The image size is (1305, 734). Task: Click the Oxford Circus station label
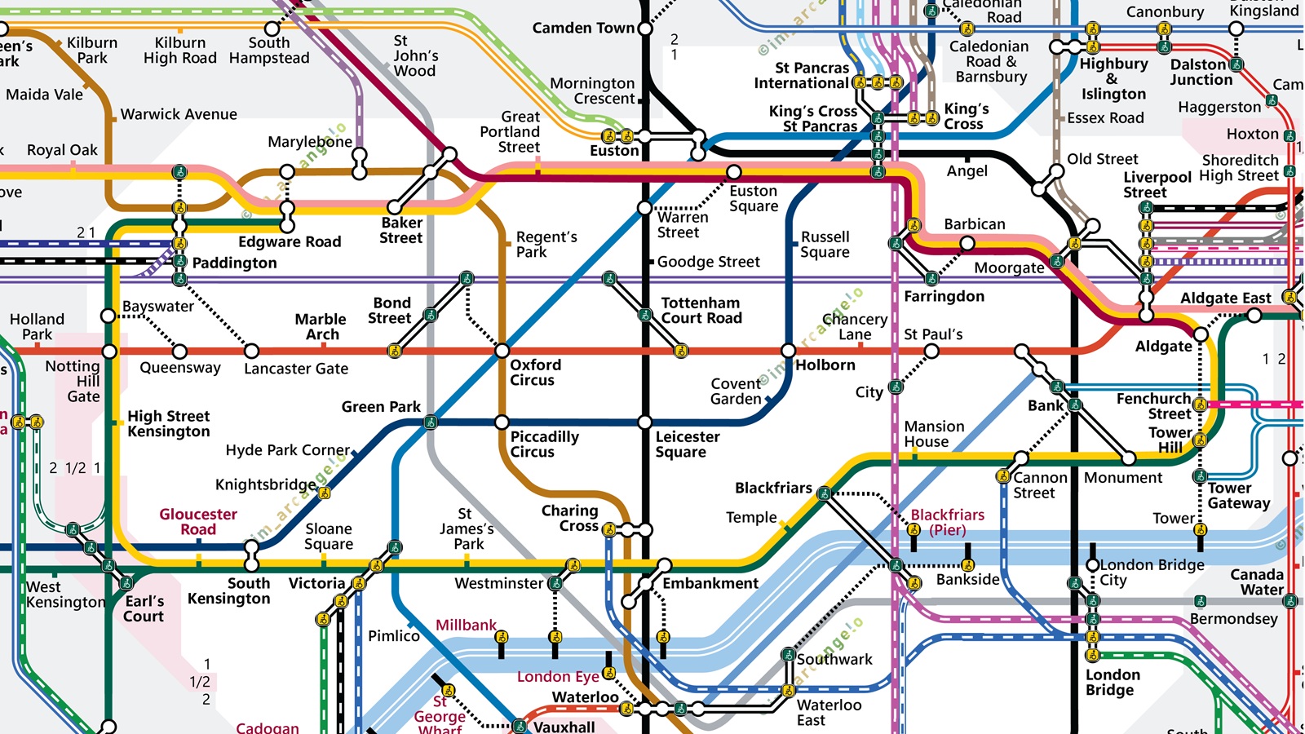[x=535, y=372]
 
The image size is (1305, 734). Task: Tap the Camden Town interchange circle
[x=644, y=29]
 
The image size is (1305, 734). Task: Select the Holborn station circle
[x=788, y=351]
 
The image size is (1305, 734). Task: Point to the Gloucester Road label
[x=198, y=521]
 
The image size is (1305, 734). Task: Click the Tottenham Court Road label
[x=701, y=310]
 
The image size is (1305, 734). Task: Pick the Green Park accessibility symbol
[x=430, y=422]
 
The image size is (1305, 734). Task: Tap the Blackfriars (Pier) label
[x=947, y=522]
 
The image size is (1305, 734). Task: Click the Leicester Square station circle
[x=644, y=422]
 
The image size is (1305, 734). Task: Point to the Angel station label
[x=967, y=170]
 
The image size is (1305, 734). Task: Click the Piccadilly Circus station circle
[x=502, y=422]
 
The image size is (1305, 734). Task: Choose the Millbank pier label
[x=466, y=625]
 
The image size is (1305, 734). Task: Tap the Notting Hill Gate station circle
[x=109, y=352]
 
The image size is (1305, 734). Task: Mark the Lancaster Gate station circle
[x=251, y=352]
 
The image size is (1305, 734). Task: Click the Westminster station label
[x=498, y=583]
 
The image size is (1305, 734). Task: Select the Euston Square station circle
[x=734, y=172]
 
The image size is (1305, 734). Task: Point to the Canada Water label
[x=1256, y=581]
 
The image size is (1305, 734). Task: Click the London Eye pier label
[x=558, y=676]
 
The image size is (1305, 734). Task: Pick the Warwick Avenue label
[x=179, y=114]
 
